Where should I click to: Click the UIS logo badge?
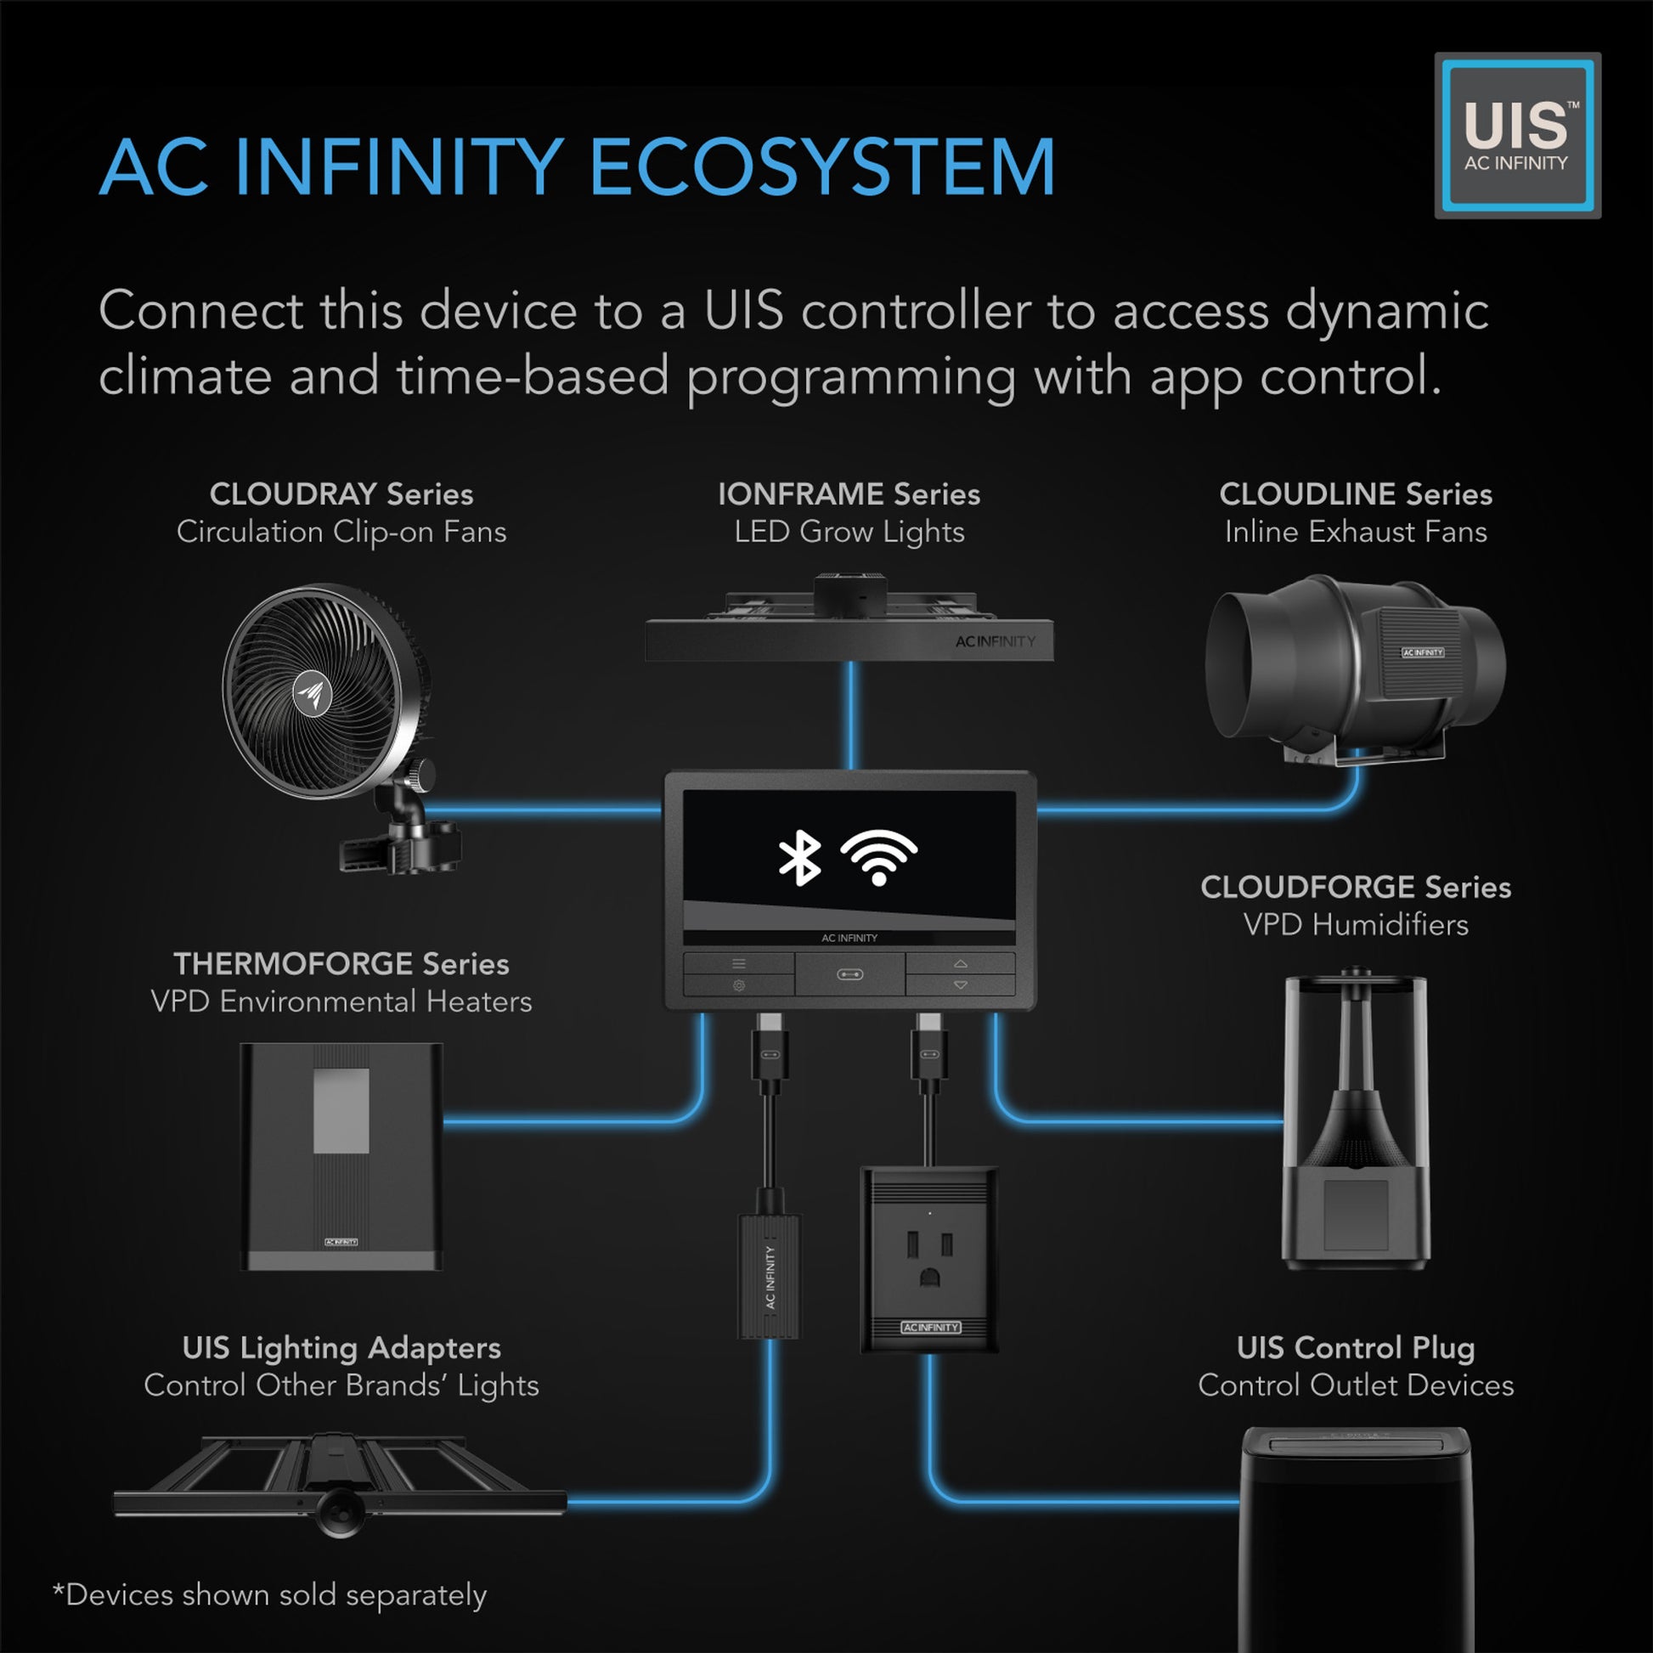[x=1517, y=135]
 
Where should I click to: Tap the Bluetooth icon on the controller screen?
[x=799, y=857]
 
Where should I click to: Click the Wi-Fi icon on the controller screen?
[x=877, y=857]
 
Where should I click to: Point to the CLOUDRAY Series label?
[x=341, y=494]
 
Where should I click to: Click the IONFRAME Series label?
[x=849, y=494]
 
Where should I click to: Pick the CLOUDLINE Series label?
[x=1355, y=494]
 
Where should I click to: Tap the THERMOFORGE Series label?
[x=341, y=963]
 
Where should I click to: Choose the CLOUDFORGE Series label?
[x=1355, y=887]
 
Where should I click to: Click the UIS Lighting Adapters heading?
[x=341, y=1347]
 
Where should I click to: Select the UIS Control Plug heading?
[x=1355, y=1347]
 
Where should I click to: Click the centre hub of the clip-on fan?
[x=313, y=692]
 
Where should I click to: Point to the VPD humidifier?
[x=1355, y=1120]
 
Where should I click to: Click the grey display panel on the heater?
[x=341, y=1110]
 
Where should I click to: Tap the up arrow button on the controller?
[x=960, y=963]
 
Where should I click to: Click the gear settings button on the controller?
[x=738, y=985]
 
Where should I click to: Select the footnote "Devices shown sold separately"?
[x=270, y=1596]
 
